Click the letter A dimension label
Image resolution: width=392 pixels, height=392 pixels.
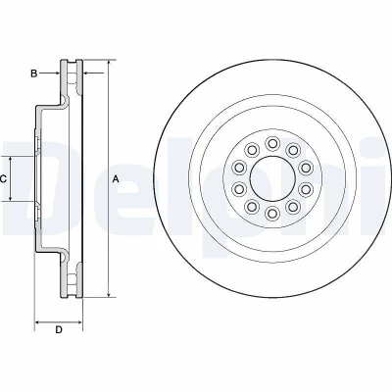[115, 178]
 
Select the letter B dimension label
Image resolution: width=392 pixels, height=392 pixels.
[33, 73]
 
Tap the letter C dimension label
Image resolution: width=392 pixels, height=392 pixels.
[3, 178]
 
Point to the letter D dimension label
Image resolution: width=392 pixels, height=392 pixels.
[59, 329]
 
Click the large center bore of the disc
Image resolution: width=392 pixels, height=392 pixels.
[272, 178]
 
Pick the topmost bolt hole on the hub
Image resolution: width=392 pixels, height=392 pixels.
[271, 143]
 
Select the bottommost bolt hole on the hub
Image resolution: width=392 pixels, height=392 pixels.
[271, 214]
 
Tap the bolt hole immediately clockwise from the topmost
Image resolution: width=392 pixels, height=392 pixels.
[293, 150]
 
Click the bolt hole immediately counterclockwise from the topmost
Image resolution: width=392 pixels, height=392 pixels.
[251, 150]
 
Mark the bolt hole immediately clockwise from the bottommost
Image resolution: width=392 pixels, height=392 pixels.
[251, 207]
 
